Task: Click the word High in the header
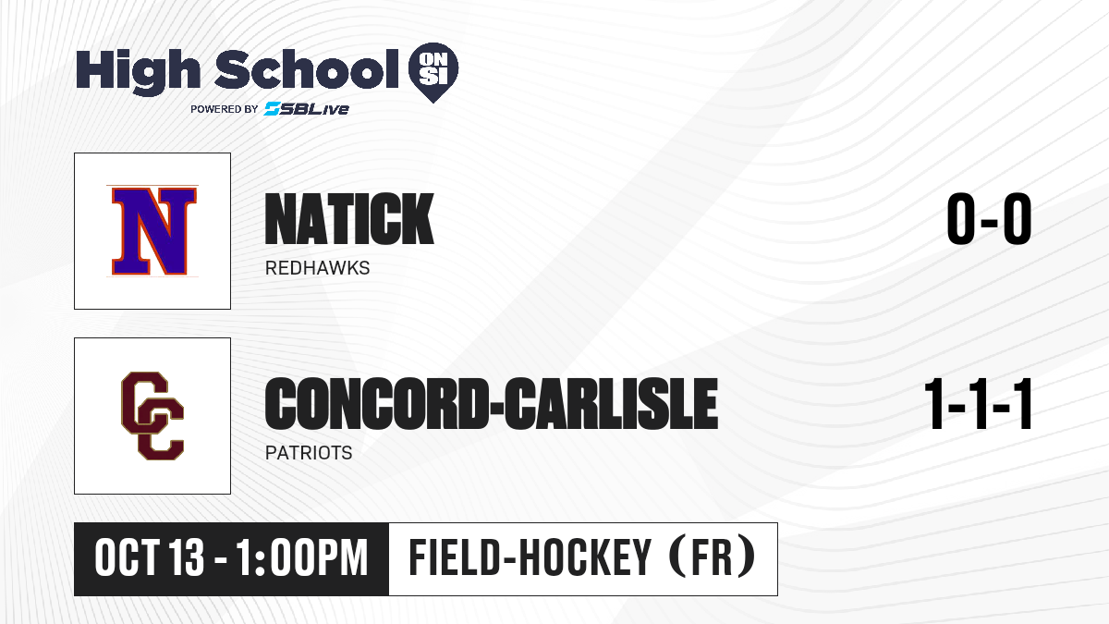tap(139, 72)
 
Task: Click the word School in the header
tap(307, 69)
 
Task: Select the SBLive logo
tap(307, 109)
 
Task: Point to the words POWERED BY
tap(225, 109)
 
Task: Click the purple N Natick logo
tap(152, 231)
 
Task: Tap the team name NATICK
tap(349, 219)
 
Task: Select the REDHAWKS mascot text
tap(317, 268)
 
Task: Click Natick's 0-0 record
tap(989, 218)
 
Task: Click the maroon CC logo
tap(152, 416)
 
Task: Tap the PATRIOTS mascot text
tap(309, 453)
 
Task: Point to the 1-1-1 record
tap(979, 404)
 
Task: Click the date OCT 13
tap(150, 558)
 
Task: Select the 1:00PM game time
tap(302, 558)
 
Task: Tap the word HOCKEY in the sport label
tap(585, 558)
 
